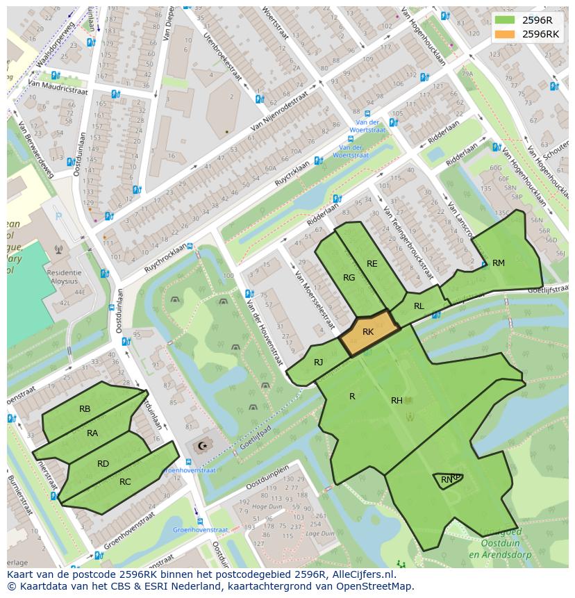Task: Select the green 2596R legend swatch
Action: (x=505, y=20)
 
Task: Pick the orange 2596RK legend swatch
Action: (x=505, y=34)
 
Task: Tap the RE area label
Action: (x=372, y=263)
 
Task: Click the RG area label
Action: (x=349, y=278)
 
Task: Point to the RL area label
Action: (x=419, y=306)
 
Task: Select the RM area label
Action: (x=499, y=263)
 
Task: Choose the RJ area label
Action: (x=318, y=362)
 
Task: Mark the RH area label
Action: (x=397, y=400)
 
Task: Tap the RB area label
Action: (x=85, y=409)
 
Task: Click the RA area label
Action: (x=92, y=433)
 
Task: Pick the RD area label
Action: (x=103, y=464)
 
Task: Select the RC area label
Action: (x=125, y=481)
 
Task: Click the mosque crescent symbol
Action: (x=203, y=445)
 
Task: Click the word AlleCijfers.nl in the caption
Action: (x=360, y=574)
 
